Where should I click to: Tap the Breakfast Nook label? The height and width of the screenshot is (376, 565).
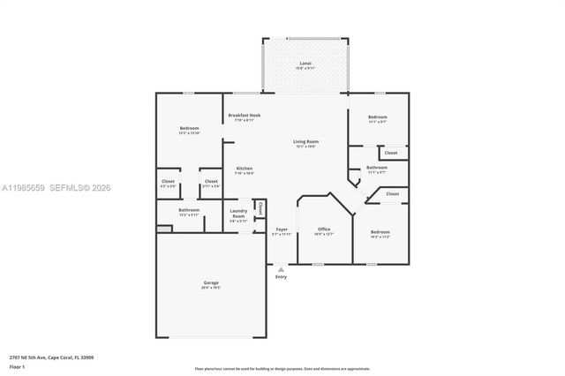coord(244,116)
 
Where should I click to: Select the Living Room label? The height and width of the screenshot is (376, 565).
coord(305,142)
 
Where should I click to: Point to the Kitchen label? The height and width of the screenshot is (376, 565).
coord(244,169)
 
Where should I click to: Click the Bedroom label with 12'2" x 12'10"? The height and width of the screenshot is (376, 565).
coord(189,129)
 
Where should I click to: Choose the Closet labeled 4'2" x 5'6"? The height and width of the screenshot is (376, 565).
coord(168,182)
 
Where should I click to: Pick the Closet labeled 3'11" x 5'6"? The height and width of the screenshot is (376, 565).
coord(210,182)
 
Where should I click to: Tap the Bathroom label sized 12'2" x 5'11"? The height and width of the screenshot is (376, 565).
coord(189,210)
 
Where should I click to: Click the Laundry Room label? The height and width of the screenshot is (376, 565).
coord(238,213)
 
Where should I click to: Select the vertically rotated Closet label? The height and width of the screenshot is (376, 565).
coord(260,208)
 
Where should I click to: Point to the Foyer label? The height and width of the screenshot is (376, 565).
coord(282,230)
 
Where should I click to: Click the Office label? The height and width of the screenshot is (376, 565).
coord(324,230)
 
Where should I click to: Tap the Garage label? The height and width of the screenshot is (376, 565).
coord(211,283)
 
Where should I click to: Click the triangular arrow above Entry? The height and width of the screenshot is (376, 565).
coord(281,268)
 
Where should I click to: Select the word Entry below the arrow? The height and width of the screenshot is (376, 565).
coord(281,277)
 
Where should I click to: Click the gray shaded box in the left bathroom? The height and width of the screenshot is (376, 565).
coord(162,229)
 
